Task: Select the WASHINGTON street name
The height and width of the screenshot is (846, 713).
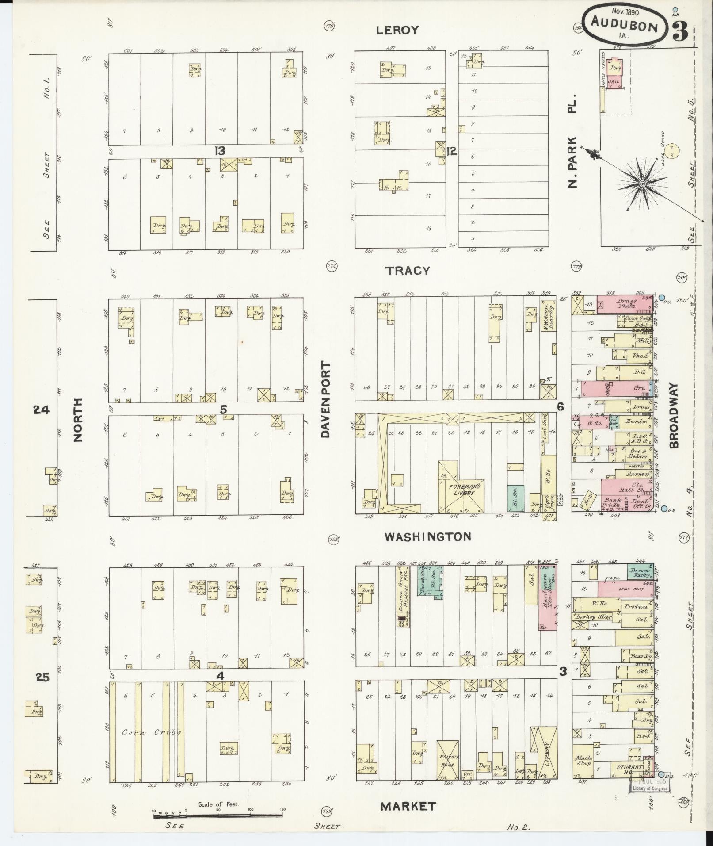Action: (427, 537)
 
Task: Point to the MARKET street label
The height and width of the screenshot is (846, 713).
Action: (408, 806)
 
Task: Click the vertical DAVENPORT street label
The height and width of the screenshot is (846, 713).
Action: (326, 400)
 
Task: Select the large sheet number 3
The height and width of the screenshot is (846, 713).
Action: (681, 31)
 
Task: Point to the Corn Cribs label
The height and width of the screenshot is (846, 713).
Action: (152, 732)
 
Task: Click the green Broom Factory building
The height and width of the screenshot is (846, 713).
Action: (641, 573)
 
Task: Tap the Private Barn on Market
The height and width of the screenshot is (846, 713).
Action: (449, 759)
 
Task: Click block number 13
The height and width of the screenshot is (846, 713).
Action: (220, 151)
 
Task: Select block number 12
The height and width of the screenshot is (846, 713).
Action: (451, 151)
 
